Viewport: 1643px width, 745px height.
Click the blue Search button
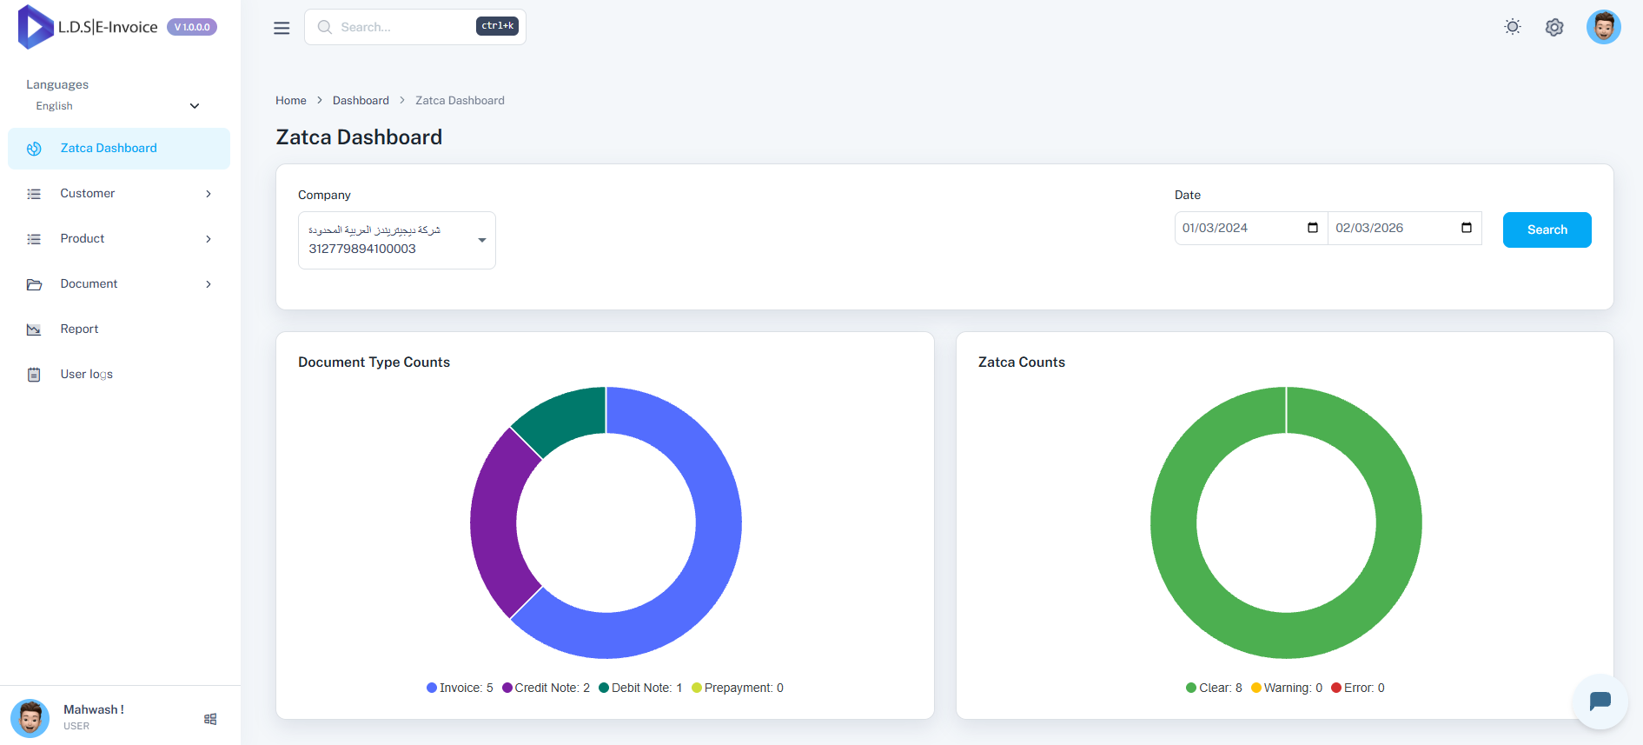(x=1547, y=229)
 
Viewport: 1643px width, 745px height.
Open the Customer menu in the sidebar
(x=87, y=193)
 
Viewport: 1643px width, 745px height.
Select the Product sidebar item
(x=83, y=238)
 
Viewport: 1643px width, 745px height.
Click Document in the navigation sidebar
(x=89, y=283)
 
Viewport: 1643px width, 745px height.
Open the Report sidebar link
(x=79, y=329)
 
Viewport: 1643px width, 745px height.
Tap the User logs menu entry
(x=86, y=374)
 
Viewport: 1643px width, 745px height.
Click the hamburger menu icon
(x=282, y=28)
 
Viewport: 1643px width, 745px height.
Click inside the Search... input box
(x=400, y=27)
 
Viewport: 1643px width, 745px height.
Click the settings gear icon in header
(x=1554, y=27)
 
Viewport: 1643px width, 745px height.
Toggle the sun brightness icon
(x=1513, y=27)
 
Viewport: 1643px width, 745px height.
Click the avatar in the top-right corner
(x=1603, y=27)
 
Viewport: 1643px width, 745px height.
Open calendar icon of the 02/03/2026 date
(x=1467, y=228)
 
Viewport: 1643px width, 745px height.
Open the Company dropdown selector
(x=396, y=240)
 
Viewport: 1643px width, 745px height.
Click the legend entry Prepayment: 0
(x=738, y=688)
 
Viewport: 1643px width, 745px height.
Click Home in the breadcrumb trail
(x=291, y=100)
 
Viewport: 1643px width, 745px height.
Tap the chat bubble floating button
(x=1600, y=701)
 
